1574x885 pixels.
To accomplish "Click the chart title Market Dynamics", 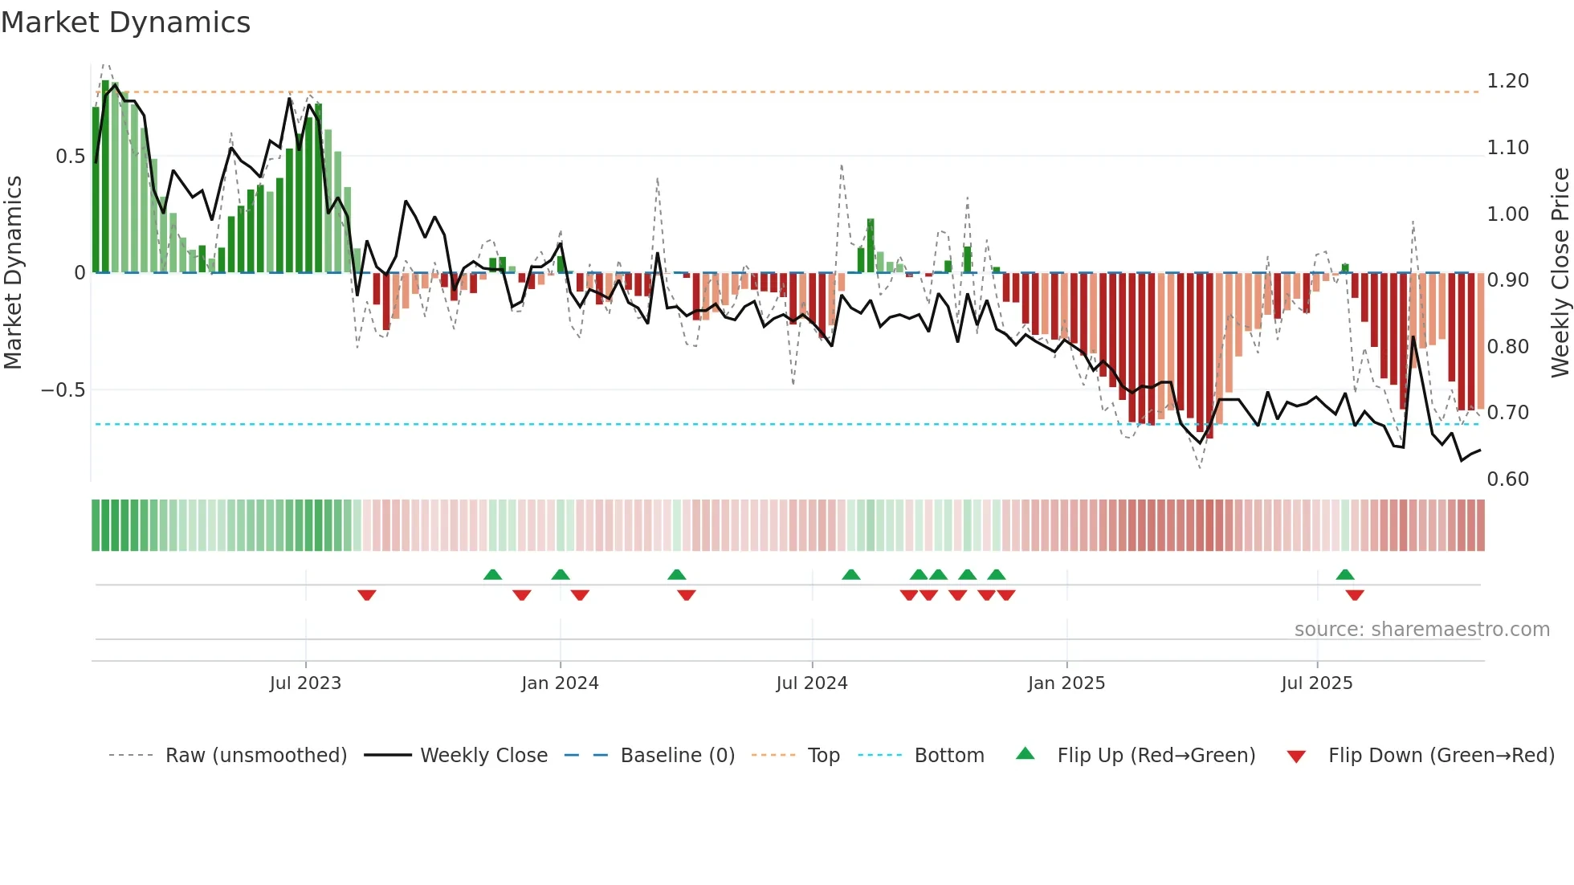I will pyautogui.click(x=125, y=22).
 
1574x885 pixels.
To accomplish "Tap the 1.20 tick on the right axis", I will pyautogui.click(x=1507, y=81).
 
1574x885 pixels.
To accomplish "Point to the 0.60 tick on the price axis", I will pyautogui.click(x=1507, y=479).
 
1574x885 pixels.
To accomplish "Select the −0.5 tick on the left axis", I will pyautogui.click(x=63, y=390).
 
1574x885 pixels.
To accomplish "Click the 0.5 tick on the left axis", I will pyautogui.click(x=70, y=157).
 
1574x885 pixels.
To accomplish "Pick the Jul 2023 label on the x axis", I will pyautogui.click(x=305, y=683).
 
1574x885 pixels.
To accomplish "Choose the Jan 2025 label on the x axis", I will pyautogui.click(x=1066, y=683).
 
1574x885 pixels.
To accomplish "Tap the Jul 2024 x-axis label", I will pyautogui.click(x=811, y=683).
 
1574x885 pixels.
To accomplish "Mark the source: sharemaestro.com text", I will pyautogui.click(x=1421, y=630).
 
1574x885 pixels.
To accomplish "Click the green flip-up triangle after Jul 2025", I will pyautogui.click(x=1345, y=574).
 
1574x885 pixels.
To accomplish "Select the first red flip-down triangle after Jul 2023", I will pyautogui.click(x=367, y=595).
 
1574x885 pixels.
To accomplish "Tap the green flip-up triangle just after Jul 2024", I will pyautogui.click(x=850, y=574).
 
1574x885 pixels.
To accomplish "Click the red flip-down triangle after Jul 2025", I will pyautogui.click(x=1355, y=595).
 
